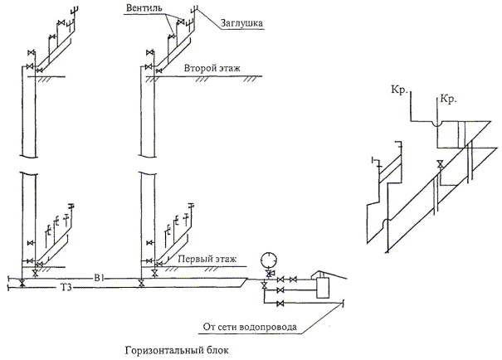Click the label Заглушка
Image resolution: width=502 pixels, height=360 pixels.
(241, 24)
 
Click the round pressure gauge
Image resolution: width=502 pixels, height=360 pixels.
(266, 257)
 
